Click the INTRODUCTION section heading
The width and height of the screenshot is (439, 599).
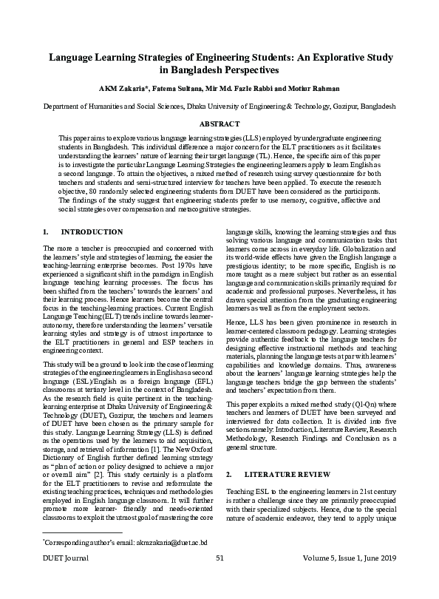click(92, 231)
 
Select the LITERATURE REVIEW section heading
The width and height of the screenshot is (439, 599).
click(287, 473)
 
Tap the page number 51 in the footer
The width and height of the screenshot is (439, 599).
click(219, 580)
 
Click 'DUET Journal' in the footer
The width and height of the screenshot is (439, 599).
click(66, 580)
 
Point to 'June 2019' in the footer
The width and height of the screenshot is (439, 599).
click(378, 580)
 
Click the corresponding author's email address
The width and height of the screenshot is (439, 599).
click(158, 563)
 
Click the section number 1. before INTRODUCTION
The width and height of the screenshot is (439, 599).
click(46, 231)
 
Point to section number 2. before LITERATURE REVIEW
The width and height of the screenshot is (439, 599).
click(228, 473)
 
